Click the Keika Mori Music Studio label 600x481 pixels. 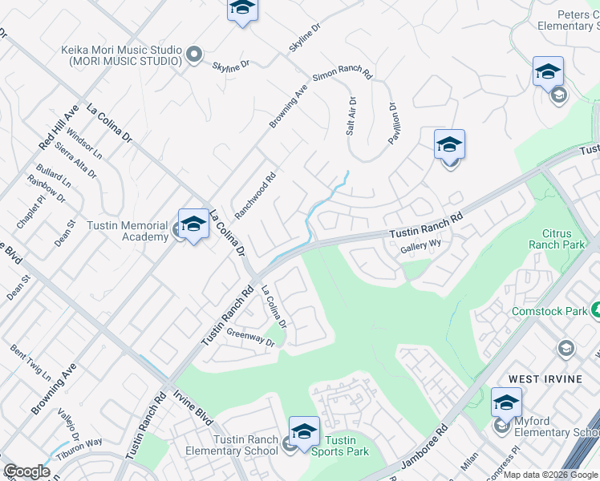[x=120, y=55]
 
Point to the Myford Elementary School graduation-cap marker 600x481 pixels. [x=506, y=402]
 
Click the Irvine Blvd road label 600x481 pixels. [x=193, y=408]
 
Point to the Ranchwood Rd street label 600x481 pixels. [x=255, y=195]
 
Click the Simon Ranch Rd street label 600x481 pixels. [x=343, y=76]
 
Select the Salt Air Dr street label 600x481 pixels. [x=351, y=115]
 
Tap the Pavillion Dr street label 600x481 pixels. [x=393, y=123]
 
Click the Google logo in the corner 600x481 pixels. [x=26, y=471]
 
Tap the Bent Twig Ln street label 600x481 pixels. [x=30, y=363]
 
